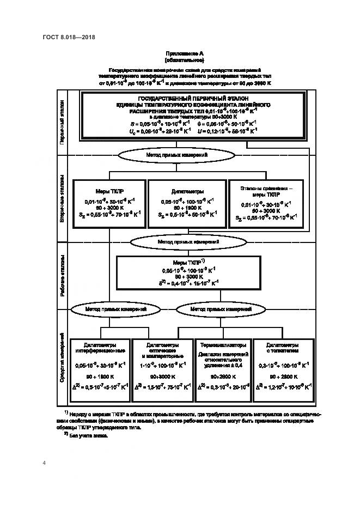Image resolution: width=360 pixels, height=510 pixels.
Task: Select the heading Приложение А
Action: click(x=184, y=54)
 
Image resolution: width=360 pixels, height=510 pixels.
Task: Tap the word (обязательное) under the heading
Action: click(x=184, y=60)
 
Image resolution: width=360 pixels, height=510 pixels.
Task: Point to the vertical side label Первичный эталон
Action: click(x=62, y=121)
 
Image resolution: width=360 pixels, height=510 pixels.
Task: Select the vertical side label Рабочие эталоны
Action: click(x=62, y=274)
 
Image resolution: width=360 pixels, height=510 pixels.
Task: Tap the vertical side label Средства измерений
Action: click(x=62, y=357)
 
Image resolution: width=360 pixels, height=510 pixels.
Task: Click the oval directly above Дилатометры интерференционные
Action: click(x=115, y=309)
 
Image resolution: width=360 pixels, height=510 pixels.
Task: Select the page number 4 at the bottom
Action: click(x=44, y=463)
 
